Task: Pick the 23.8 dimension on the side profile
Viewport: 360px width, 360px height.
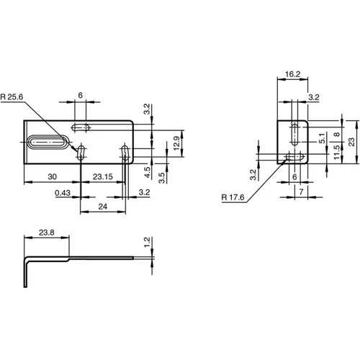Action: point(46,233)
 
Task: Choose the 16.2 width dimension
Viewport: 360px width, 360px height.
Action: point(292,73)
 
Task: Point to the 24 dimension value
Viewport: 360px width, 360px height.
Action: point(103,207)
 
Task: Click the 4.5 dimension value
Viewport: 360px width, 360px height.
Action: point(146,172)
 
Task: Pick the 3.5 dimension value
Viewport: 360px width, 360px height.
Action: point(162,175)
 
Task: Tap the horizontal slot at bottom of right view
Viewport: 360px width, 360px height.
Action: point(293,156)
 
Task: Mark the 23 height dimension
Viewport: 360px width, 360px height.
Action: point(352,142)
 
